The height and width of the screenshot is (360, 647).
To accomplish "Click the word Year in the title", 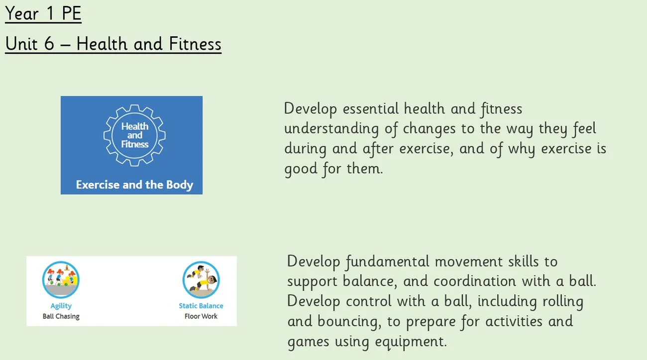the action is tap(22, 13).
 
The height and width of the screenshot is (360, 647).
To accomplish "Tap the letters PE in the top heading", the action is tap(72, 13).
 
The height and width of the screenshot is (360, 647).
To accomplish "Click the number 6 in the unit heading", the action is tap(49, 44).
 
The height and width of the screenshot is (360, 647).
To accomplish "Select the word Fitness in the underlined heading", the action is tap(195, 44).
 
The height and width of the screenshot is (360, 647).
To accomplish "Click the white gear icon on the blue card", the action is tap(134, 135).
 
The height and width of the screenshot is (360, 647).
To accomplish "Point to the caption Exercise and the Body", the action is tap(134, 185).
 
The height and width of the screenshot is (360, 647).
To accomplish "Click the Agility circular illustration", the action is tap(61, 280).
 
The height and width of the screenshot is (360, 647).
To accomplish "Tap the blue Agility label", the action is tap(61, 306).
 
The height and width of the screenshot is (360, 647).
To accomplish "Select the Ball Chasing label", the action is tap(61, 316).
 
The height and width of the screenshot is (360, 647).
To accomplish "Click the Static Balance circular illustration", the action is tap(201, 280).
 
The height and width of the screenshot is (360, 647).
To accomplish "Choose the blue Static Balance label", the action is tap(201, 306).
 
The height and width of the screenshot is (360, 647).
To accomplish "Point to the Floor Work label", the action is tap(201, 316).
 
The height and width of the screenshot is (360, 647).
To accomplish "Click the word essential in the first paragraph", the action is tap(371, 109).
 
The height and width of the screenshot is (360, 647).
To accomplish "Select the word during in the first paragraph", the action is tap(305, 149).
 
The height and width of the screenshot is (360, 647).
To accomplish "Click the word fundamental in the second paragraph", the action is tap(387, 262).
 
